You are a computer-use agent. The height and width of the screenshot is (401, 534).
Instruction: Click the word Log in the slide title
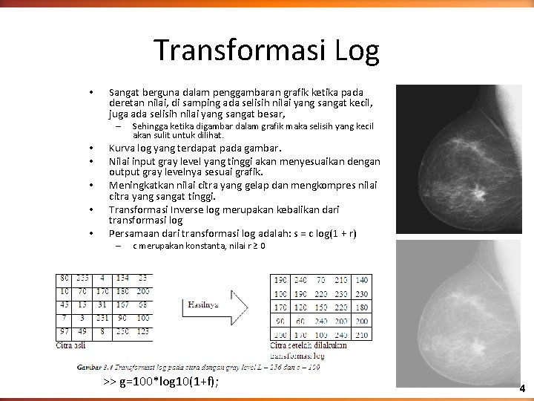(356, 50)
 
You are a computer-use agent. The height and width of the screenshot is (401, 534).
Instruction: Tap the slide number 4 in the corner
(521, 388)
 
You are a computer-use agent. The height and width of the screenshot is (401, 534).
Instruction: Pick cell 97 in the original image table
(65, 330)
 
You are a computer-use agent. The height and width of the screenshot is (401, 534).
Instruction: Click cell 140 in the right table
(361, 280)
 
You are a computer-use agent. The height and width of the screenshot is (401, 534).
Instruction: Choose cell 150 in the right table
(320, 307)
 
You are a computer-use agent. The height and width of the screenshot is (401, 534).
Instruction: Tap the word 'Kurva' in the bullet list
(122, 147)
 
